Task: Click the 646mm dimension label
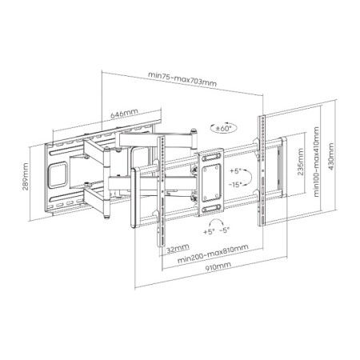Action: tap(124, 114)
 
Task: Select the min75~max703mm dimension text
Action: tap(182, 79)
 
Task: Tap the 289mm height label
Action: tap(26, 177)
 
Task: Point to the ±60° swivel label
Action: tap(223, 128)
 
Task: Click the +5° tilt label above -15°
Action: tap(236, 171)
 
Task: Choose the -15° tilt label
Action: tap(235, 184)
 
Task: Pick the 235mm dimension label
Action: tap(301, 162)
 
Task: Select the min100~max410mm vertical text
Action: tap(317, 162)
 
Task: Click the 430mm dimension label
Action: tap(331, 157)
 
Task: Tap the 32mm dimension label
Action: tap(178, 249)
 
